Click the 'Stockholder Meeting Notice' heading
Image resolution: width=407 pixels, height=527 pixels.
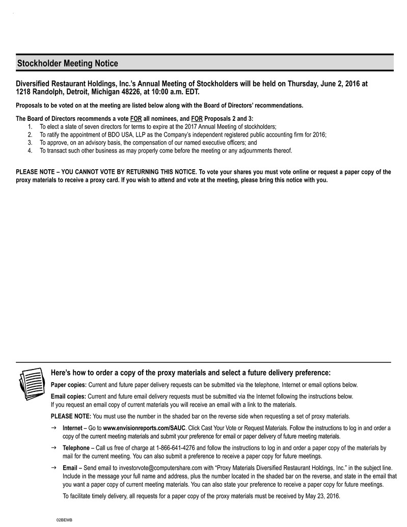[x=68, y=64]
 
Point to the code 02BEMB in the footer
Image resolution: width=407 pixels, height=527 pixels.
[x=64, y=519]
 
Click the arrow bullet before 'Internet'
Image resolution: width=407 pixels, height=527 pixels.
[x=54, y=427]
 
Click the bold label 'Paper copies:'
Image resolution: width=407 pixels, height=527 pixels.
[x=69, y=385]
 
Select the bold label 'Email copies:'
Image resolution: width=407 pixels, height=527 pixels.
[x=69, y=397]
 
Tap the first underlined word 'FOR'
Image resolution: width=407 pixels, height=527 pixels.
[x=136, y=118]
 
